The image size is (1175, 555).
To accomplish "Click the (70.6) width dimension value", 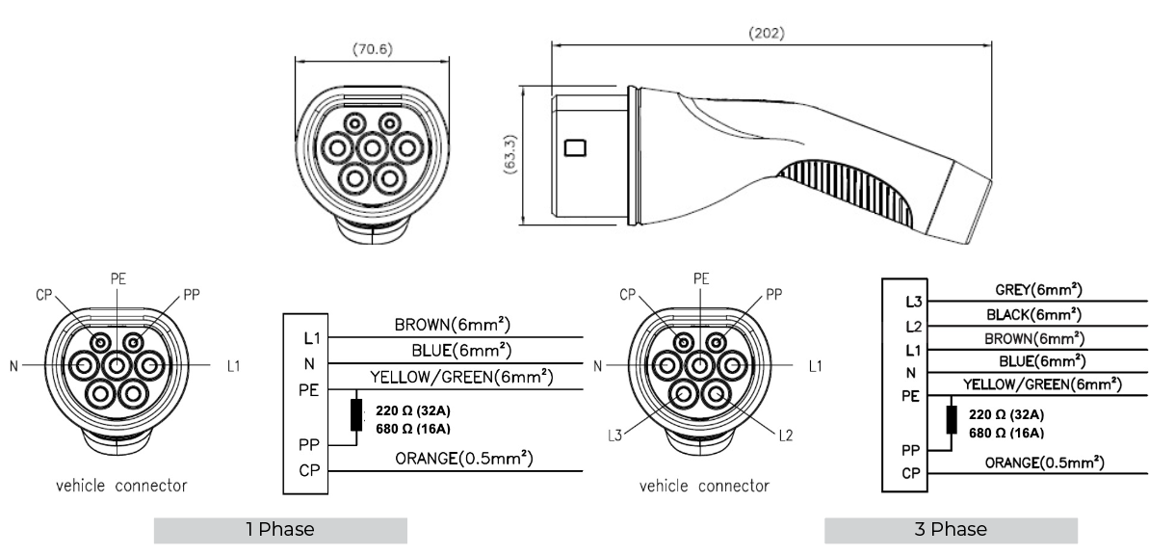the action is click(x=373, y=49).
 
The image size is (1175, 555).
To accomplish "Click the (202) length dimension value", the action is click(x=767, y=34).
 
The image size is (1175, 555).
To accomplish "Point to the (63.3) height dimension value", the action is click(x=509, y=154).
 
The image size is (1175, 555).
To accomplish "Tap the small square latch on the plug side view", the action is click(x=575, y=148).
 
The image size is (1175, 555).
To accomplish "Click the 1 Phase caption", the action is click(x=280, y=529).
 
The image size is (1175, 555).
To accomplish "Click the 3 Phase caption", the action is click(x=951, y=529).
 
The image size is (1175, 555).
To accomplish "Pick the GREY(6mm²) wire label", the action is click(x=1038, y=289).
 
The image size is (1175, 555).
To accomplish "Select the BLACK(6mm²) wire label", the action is click(x=1033, y=314).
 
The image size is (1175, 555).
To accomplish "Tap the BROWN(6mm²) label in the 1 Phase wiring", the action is click(x=452, y=325).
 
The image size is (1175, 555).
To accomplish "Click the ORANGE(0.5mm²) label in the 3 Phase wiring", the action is click(x=1044, y=462).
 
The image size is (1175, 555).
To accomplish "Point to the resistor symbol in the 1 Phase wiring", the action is click(x=356, y=415).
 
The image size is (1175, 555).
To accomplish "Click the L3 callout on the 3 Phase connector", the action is click(x=614, y=436).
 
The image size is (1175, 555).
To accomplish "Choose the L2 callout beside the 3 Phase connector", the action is click(x=785, y=436).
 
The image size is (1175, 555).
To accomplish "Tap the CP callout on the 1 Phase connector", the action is click(x=44, y=296).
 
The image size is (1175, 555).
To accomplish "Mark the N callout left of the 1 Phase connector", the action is click(x=14, y=366).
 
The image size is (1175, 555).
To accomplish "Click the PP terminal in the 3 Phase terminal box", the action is click(x=911, y=450).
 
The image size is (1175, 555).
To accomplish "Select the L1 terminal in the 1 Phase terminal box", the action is click(x=312, y=338).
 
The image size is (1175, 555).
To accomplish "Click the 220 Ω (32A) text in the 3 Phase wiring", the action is click(x=1006, y=414).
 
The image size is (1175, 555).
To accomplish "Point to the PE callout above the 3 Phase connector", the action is click(x=701, y=278).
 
